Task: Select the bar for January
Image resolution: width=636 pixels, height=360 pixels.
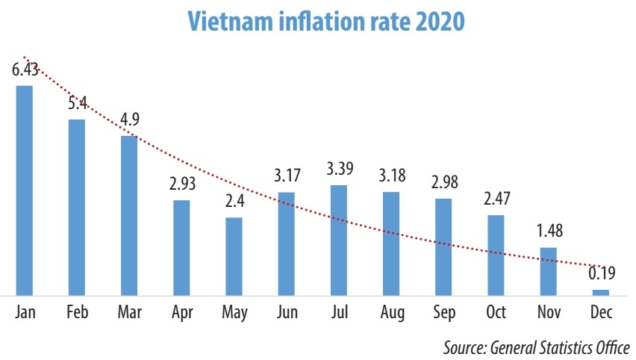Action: click(25, 190)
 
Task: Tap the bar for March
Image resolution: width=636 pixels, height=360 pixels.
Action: click(129, 216)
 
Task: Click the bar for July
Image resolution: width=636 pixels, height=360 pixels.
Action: click(339, 240)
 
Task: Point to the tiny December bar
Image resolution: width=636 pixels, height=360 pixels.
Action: click(601, 292)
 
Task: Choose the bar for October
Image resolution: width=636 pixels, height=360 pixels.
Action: click(496, 255)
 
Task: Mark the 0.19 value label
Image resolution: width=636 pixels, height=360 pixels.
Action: click(602, 274)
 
